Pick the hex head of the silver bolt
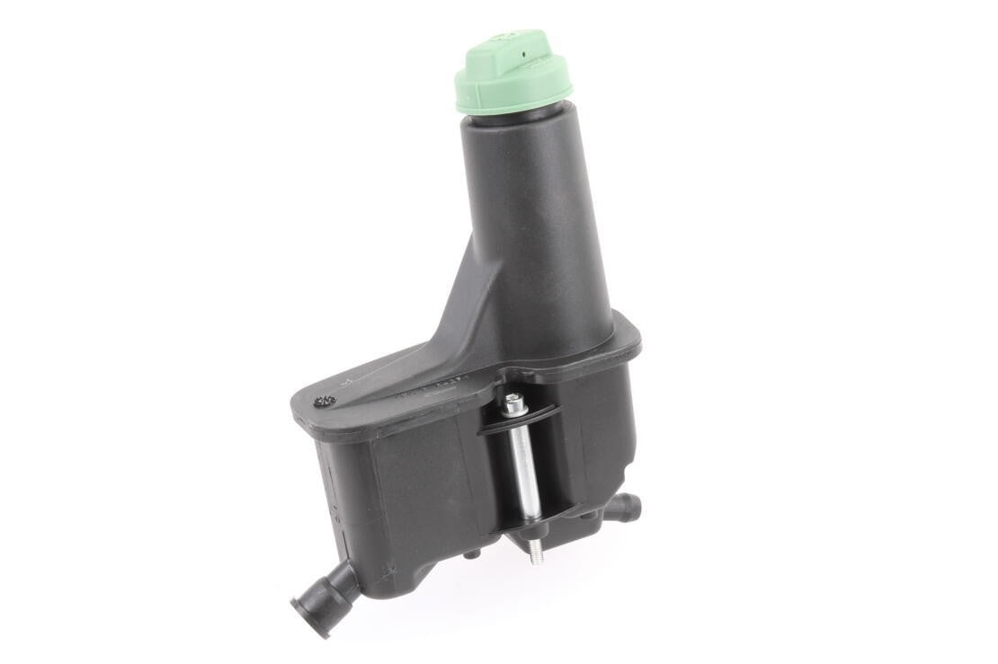click(514, 406)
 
